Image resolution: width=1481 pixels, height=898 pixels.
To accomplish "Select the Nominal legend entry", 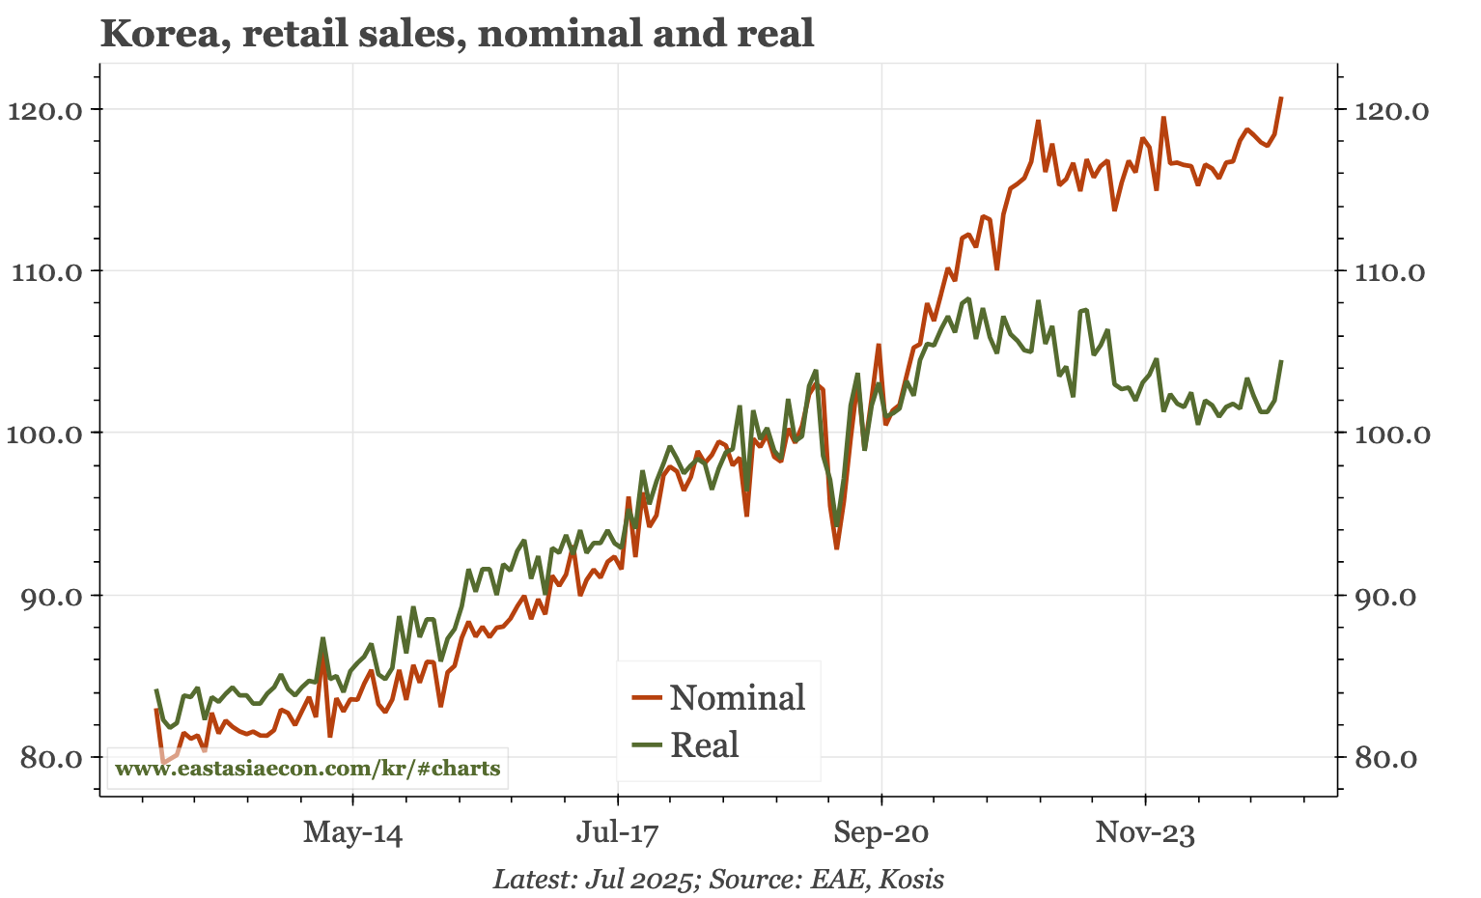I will click(x=737, y=697).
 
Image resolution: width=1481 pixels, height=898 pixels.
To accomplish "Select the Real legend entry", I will click(x=704, y=744).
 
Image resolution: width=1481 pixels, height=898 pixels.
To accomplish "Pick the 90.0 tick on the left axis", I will click(x=57, y=596).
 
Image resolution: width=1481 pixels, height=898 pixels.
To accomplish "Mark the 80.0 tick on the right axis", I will click(x=1383, y=758).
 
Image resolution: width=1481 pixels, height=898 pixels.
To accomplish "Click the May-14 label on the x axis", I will click(x=352, y=832).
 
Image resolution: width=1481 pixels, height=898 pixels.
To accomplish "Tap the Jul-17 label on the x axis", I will click(x=617, y=832).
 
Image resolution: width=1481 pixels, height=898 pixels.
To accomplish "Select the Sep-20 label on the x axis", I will click(x=880, y=832).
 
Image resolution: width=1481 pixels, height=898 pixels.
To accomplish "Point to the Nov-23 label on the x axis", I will click(x=1145, y=832).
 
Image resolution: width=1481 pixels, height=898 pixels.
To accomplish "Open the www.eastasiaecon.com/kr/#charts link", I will click(x=307, y=769).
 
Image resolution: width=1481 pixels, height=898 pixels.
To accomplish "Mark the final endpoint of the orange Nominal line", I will click(x=1281, y=98).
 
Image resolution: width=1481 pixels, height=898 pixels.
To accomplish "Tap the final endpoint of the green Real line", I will click(x=1281, y=361).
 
